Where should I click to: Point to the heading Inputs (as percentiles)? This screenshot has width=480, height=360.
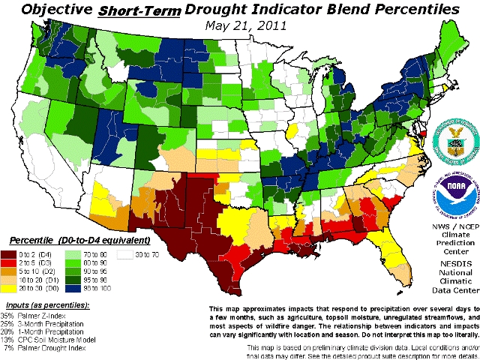coord(47,307)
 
